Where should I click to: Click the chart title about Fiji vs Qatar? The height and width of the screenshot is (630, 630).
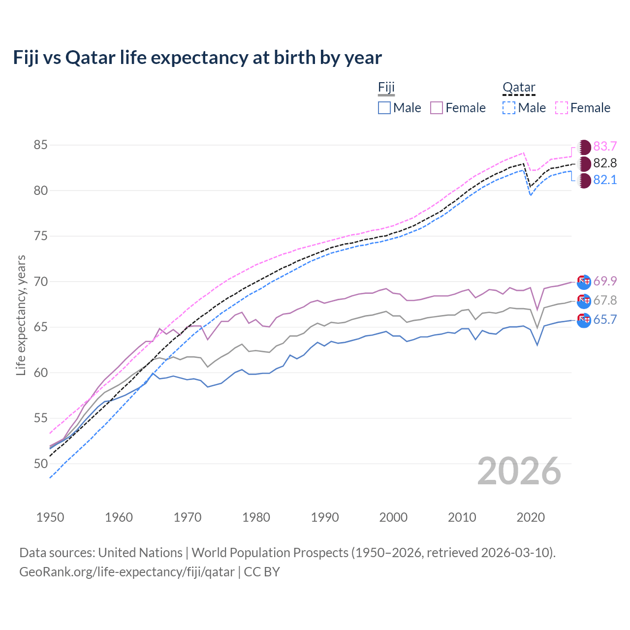(197, 58)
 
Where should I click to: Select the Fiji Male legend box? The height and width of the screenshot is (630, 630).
(384, 108)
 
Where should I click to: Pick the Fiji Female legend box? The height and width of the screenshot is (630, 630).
(437, 108)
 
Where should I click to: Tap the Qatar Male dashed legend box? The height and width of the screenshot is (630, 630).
(509, 108)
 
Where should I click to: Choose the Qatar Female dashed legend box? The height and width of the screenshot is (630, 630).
(562, 108)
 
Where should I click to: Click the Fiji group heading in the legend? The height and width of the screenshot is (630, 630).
(386, 88)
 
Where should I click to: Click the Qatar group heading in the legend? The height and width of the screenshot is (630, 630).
(519, 88)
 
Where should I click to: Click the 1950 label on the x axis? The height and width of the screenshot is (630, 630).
(50, 517)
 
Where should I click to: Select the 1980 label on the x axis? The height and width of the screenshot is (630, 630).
(256, 517)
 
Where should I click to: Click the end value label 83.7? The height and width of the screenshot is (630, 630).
(605, 147)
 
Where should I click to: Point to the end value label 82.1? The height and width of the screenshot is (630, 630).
(605, 180)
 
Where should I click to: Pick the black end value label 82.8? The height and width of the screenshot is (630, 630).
(605, 163)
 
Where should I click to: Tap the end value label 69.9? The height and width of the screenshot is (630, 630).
(605, 281)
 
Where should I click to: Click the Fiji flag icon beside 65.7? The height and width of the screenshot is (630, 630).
(584, 320)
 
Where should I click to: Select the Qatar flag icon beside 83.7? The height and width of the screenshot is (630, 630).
(584, 147)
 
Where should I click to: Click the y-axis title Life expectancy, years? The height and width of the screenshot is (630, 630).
(21, 315)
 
